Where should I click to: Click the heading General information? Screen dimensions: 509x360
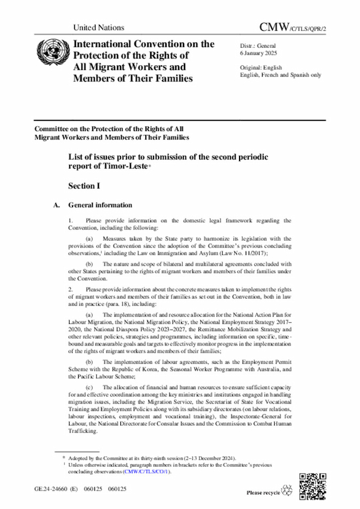[100, 205]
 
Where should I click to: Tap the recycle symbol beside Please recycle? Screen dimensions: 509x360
[288, 491]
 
